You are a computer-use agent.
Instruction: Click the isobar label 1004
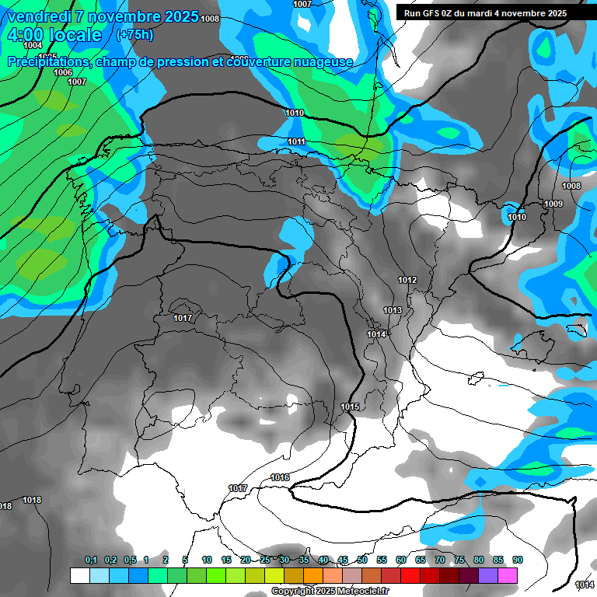point(33,45)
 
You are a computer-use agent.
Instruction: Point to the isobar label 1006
point(64,72)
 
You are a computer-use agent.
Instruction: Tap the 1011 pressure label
point(296,141)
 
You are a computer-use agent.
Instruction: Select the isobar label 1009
point(553,204)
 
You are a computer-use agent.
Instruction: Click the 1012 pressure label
point(407,280)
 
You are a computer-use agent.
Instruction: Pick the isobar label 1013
point(393,311)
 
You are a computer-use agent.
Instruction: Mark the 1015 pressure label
point(350,407)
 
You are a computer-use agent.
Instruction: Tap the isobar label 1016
point(280,477)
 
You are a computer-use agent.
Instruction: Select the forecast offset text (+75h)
point(134,34)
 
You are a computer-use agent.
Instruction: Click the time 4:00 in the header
point(24,35)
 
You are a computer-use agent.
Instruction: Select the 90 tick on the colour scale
point(518,560)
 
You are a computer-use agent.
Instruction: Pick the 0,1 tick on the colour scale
point(90,560)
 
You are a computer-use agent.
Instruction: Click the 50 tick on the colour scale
point(362,560)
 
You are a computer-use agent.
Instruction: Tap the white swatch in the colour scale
point(79,575)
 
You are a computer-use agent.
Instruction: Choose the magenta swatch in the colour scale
point(508,575)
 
